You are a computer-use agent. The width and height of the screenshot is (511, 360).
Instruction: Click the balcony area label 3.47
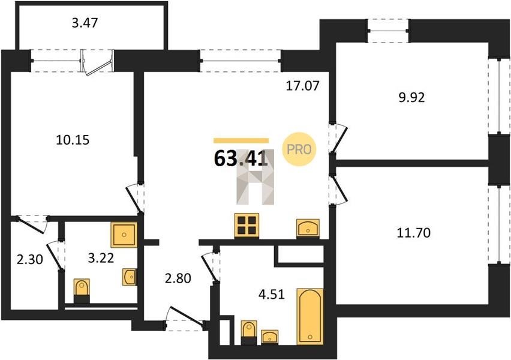(x=85, y=23)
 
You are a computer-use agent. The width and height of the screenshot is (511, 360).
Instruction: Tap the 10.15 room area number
(x=73, y=140)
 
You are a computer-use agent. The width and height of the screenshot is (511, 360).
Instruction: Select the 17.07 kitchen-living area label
(x=303, y=86)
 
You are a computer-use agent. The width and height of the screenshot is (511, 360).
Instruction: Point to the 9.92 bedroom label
(x=412, y=97)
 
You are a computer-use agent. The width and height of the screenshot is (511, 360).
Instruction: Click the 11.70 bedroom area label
(x=414, y=233)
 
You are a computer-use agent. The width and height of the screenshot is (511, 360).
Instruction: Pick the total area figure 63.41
(x=241, y=159)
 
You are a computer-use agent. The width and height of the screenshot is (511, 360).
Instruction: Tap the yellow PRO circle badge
(x=299, y=149)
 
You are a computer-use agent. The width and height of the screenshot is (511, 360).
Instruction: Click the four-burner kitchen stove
(x=247, y=226)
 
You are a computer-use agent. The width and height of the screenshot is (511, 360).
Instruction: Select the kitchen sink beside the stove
(x=308, y=227)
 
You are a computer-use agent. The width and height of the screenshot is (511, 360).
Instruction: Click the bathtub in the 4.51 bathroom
(x=310, y=316)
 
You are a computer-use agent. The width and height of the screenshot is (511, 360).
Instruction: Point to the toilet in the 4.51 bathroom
(x=249, y=332)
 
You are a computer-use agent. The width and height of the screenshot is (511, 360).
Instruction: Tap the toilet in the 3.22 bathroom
(x=82, y=291)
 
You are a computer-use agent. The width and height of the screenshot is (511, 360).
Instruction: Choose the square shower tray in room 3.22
(x=124, y=235)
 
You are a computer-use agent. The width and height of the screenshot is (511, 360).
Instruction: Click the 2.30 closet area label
(x=30, y=260)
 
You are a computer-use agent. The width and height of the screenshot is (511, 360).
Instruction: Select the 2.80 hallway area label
(x=178, y=278)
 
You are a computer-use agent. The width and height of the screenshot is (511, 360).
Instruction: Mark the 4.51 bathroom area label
(x=272, y=295)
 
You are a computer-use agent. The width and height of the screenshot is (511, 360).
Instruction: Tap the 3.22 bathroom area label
(x=101, y=258)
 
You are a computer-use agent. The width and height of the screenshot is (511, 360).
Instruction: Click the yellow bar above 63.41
(x=241, y=140)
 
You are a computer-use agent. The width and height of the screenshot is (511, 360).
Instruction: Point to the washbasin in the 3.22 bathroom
(x=130, y=277)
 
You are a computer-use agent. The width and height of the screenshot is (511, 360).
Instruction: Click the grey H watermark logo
(x=256, y=177)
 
